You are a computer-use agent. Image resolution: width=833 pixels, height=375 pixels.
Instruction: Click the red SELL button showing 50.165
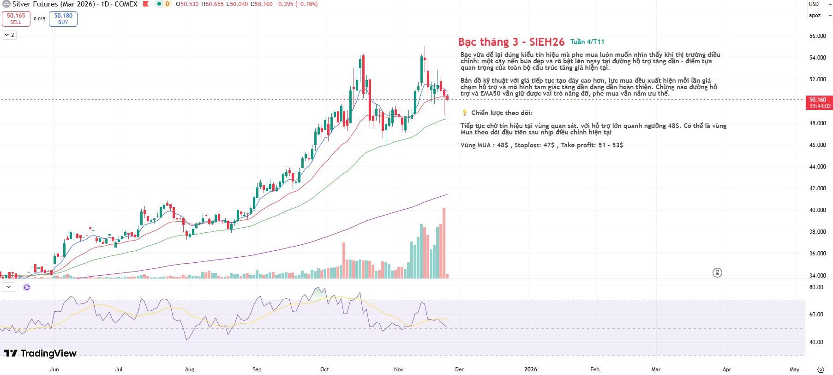click(16, 18)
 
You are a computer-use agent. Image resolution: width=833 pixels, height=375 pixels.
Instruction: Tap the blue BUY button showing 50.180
click(63, 18)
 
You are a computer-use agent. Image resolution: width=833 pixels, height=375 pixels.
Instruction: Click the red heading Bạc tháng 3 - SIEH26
click(511, 42)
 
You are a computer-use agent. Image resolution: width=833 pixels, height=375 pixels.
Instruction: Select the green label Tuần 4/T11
click(587, 42)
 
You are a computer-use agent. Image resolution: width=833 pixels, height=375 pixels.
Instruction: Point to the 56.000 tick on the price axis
click(817, 36)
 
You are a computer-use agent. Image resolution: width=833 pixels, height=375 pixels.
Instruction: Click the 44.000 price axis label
click(817, 167)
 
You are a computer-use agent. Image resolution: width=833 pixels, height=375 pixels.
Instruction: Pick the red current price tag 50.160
click(817, 100)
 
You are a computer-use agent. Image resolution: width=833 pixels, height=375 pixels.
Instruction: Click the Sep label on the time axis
click(257, 369)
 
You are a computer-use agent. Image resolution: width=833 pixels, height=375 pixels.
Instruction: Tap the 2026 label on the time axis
click(531, 369)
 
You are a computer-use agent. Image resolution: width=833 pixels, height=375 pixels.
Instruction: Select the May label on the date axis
click(794, 369)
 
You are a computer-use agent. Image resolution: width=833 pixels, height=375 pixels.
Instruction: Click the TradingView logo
click(40, 354)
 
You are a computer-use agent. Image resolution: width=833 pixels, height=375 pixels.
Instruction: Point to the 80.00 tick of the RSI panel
click(816, 287)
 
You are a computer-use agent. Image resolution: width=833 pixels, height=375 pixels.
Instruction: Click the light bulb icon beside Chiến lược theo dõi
click(465, 113)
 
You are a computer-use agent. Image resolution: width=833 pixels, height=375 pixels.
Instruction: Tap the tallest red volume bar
click(444, 242)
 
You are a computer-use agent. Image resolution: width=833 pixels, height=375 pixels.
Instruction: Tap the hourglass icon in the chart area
click(717, 272)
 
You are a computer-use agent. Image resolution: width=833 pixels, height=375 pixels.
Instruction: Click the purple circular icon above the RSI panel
click(27, 287)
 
